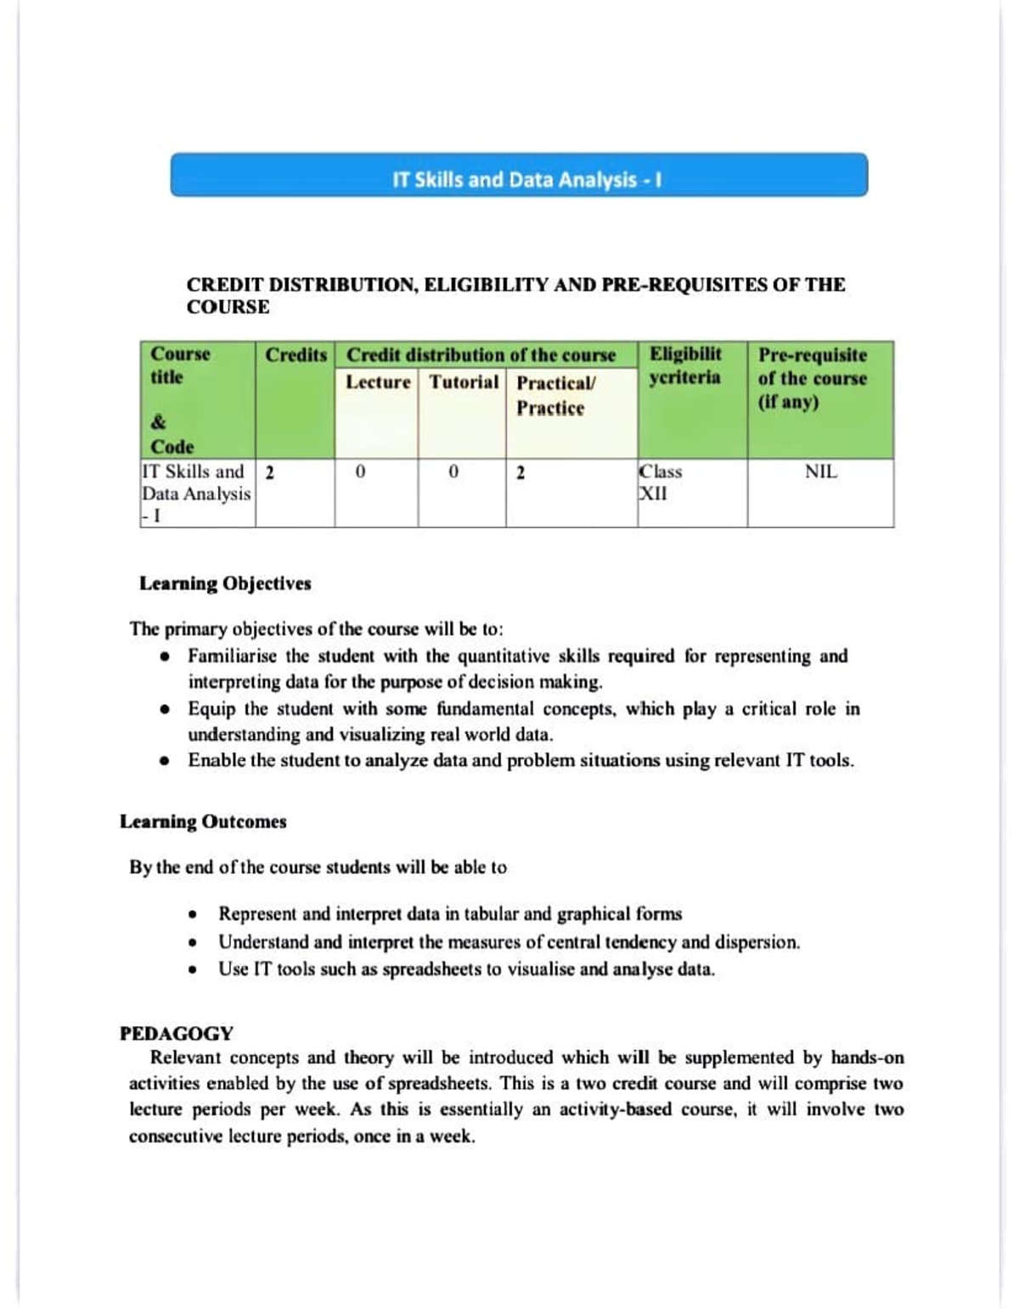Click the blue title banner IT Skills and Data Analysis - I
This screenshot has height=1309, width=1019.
(519, 176)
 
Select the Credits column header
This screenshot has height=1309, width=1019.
(296, 355)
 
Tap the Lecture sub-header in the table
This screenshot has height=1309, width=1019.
(377, 382)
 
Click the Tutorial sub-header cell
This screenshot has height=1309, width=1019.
(464, 382)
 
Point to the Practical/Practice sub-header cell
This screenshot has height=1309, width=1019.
(555, 395)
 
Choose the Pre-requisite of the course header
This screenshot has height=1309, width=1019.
(812, 378)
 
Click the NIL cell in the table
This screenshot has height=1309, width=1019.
(820, 472)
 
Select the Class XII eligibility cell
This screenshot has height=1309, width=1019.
(660, 482)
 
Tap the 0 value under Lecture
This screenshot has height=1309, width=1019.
(360, 472)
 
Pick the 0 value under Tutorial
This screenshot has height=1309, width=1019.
(453, 472)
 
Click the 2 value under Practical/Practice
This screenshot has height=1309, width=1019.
(521, 473)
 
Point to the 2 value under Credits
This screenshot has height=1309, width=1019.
(269, 473)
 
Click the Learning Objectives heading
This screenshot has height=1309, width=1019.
(225, 584)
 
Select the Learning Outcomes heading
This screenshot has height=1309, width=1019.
(203, 821)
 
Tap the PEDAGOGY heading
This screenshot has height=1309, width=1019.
(177, 1034)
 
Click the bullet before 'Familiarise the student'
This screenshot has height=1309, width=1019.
(166, 657)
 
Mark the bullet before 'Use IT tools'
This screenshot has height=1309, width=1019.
(194, 969)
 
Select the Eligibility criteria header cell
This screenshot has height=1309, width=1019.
(685, 365)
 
